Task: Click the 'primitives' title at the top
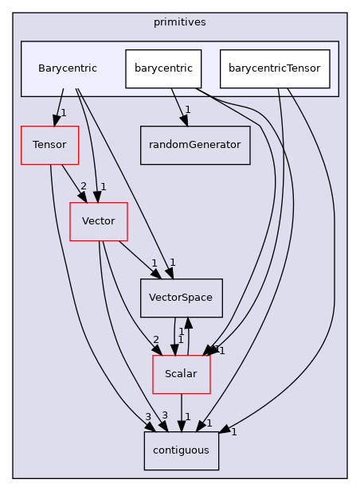(180, 21)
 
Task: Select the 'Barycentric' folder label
(68, 68)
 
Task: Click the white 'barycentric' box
(163, 68)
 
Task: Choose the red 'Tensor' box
(49, 145)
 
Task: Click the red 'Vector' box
(99, 220)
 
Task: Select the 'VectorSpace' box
(182, 298)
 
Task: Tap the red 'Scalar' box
(182, 373)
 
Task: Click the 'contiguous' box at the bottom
(182, 450)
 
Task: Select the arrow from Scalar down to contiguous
(182, 412)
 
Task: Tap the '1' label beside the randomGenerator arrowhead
(187, 110)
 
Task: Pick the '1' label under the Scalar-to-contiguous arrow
(187, 416)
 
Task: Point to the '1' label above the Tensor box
(63, 113)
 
